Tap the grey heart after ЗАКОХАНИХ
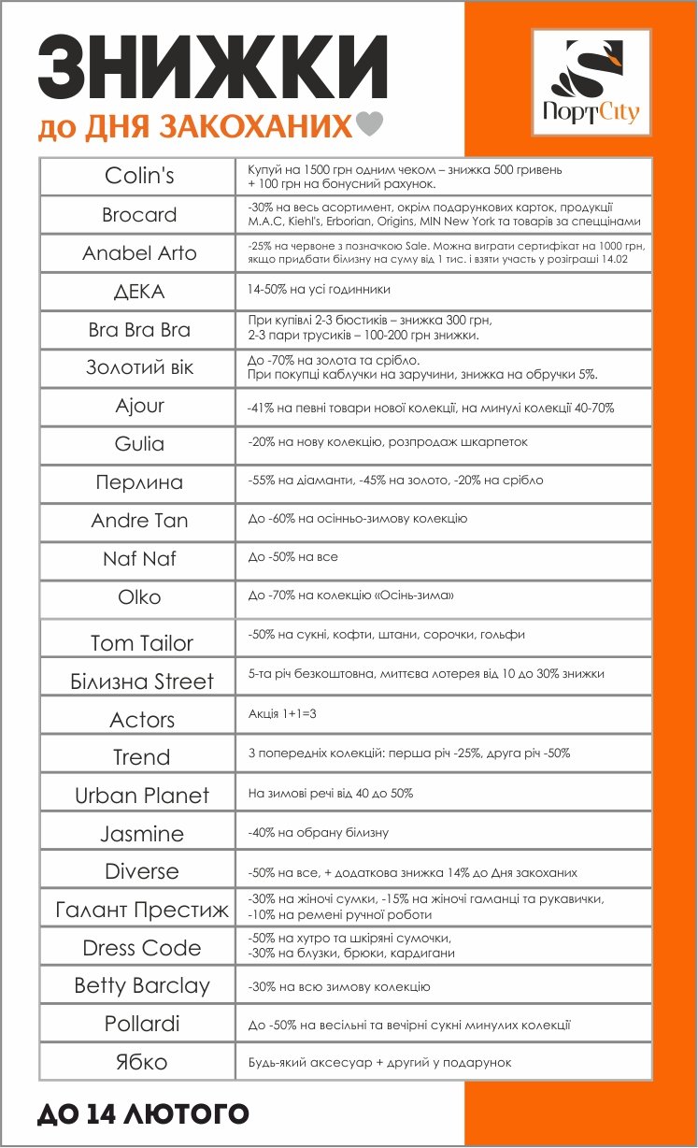pyautogui.click(x=371, y=125)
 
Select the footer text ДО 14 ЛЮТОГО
pyautogui.click(x=143, y=1113)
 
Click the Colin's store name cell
pyautogui.click(x=140, y=177)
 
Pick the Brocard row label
pyautogui.click(x=139, y=215)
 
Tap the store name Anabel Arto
pyautogui.click(x=140, y=253)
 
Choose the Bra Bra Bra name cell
pyautogui.click(x=139, y=330)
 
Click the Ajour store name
pyautogui.click(x=140, y=407)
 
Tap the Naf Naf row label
pyautogui.click(x=139, y=559)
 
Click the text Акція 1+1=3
pyautogui.click(x=281, y=713)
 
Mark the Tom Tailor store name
pyautogui.click(x=141, y=643)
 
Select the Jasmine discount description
pyautogui.click(x=318, y=833)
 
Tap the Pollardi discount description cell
pyautogui.click(x=409, y=1025)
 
